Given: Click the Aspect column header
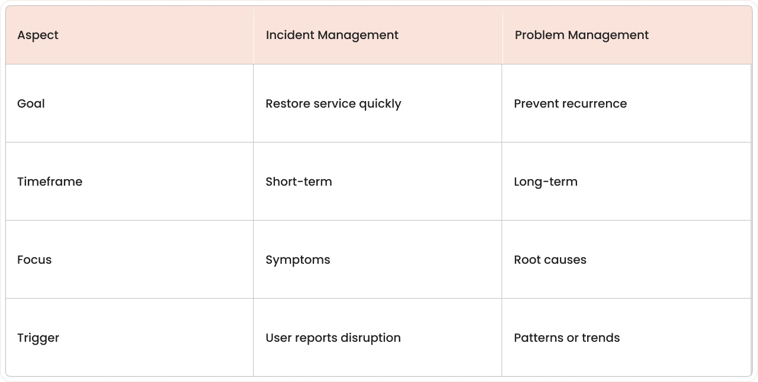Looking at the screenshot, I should point(38,35).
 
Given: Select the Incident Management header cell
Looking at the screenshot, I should point(332,35).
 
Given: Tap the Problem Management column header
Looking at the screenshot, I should point(581,35).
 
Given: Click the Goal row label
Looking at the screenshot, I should point(31,103).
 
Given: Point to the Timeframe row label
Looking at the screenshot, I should point(50,182).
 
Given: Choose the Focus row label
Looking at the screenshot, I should point(34,260).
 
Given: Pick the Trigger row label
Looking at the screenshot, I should point(38,338).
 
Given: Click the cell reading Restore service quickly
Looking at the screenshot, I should point(333,103).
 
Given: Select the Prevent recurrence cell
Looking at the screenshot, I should point(570,103).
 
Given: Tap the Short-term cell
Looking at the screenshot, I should point(299,182).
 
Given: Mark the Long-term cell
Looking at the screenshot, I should point(545,182).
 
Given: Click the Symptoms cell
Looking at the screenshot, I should point(297,260).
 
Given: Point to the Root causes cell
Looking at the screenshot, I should point(550,260).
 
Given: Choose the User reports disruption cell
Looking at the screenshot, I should point(333,338).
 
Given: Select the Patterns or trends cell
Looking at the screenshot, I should point(566,338).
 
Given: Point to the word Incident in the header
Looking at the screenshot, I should point(289,35).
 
